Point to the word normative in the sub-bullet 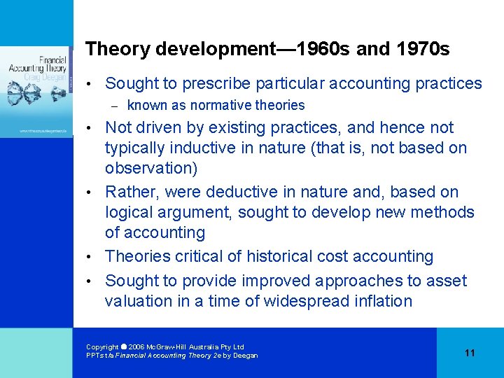tap(210, 106)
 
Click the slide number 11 tap(470, 353)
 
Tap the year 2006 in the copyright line tap(136, 347)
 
